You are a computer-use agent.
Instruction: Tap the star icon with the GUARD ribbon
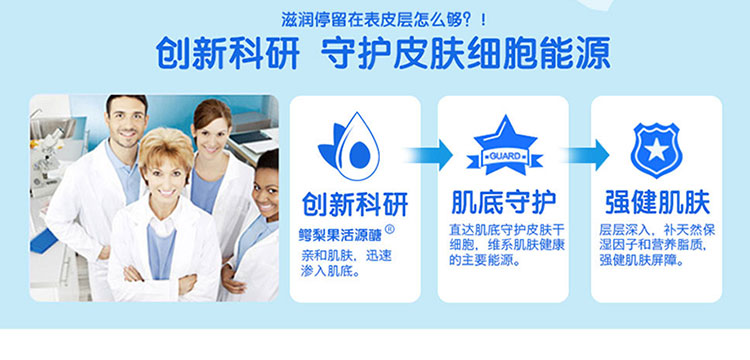tap(505, 146)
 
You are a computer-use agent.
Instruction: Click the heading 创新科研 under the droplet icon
tap(355, 204)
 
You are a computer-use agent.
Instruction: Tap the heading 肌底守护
tap(504, 202)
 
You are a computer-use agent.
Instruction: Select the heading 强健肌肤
tap(657, 202)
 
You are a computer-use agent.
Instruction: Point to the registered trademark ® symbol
tap(390, 230)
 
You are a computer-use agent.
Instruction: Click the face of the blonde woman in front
tap(165, 172)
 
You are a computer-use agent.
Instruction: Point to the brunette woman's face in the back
tap(210, 135)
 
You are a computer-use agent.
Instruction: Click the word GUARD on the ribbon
tap(505, 157)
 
